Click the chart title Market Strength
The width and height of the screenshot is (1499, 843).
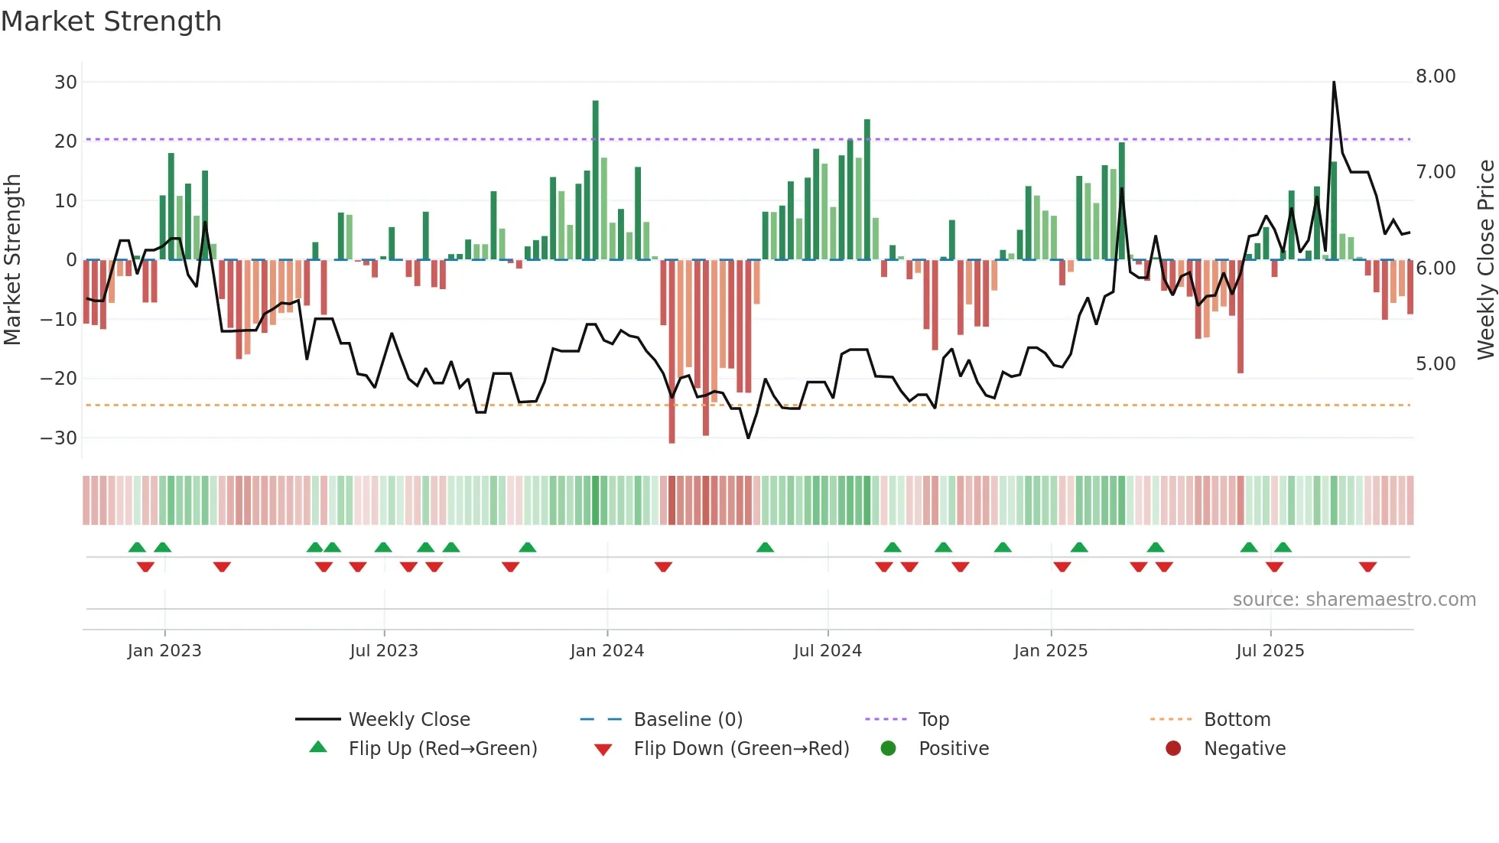coord(111,21)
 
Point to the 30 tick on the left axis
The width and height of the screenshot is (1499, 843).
coord(66,83)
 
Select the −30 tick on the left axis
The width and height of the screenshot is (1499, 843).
coord(59,438)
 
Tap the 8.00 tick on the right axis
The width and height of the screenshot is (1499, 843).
coord(1436,76)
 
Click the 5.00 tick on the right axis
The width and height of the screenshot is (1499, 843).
coord(1436,364)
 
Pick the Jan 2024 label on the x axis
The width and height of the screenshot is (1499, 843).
coord(607,651)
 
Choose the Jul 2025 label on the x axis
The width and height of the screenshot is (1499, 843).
coord(1270,651)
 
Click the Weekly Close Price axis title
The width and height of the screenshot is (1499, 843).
coord(1485,260)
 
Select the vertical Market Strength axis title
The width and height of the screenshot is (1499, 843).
coord(12,260)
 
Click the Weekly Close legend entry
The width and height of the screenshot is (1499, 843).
coord(409,720)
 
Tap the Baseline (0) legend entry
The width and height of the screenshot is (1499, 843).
coord(688,720)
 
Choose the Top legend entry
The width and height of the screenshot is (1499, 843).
coord(934,720)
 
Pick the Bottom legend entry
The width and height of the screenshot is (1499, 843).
coord(1237,720)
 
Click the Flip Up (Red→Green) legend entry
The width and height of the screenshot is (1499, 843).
coord(443,749)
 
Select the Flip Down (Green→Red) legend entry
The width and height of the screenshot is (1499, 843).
coord(741,749)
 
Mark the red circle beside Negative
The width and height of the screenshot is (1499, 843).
coord(1173,749)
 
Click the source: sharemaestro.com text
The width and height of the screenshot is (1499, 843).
coord(1354,600)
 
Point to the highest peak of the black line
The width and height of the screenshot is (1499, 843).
coord(1334,83)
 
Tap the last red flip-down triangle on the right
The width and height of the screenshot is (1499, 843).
coord(1368,567)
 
